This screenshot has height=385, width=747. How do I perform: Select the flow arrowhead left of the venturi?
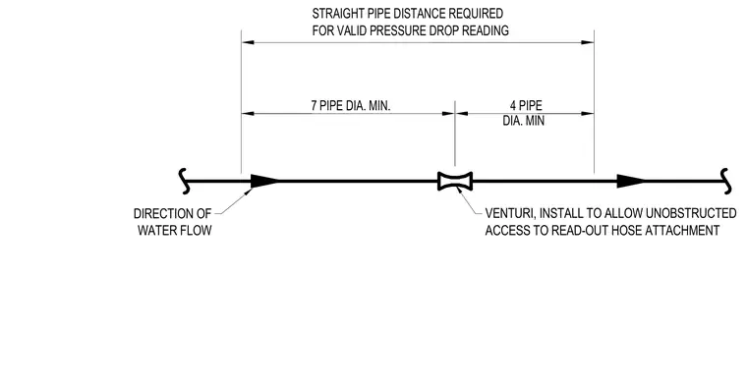point(264,181)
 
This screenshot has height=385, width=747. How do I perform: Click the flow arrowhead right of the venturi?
point(631,181)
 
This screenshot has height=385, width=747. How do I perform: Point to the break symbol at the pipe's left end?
point(185,181)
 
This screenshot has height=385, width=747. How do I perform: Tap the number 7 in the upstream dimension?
point(314,106)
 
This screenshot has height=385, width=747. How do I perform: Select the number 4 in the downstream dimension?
point(513,106)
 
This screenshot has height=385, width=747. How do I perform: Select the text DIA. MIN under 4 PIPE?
point(524,121)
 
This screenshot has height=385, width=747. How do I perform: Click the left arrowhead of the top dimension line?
point(248,42)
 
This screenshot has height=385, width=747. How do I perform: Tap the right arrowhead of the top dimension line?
point(588,42)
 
